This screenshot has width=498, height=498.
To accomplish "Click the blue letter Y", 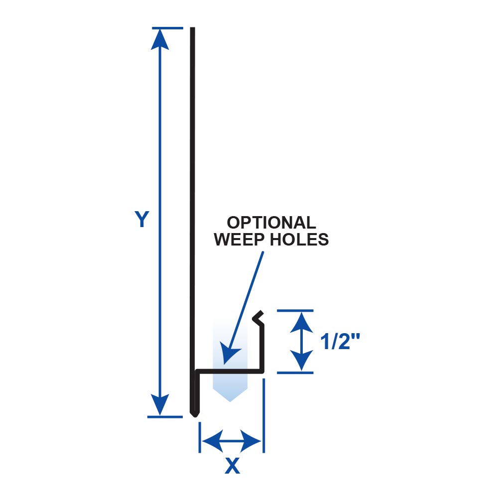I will coord(142,219).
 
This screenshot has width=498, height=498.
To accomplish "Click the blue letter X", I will coord(232,466).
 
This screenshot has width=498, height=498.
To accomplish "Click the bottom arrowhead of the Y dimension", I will coord(159,406).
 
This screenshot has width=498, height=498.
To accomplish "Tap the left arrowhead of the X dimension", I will coord(211,440).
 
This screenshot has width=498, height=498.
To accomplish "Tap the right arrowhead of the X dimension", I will coord(252,440).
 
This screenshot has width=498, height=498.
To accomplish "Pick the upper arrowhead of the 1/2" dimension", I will coord(301,320).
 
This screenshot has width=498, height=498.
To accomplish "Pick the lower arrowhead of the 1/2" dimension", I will coord(301,363).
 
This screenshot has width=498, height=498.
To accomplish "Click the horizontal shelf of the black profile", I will coord(229,371).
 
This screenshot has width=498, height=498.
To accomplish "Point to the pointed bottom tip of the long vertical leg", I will coord(193,414).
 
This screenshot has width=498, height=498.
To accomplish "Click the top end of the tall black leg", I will coord(192,30).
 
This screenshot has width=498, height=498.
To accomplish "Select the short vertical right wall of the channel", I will coord(262,349).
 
